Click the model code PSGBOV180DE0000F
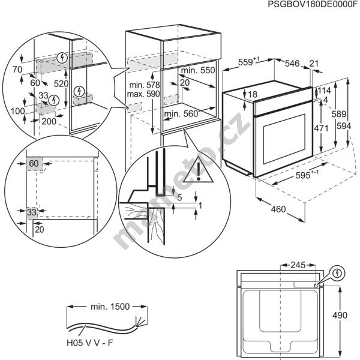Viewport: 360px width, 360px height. click(314, 4)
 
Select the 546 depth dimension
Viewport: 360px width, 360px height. click(292, 64)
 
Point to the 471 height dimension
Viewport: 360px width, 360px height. click(321, 128)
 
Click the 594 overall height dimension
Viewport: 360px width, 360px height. click(344, 126)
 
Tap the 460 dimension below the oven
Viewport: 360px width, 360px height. click(278, 209)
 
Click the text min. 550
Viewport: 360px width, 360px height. click(198, 70)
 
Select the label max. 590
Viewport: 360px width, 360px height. click(143, 94)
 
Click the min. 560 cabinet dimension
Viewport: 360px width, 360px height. click(181, 113)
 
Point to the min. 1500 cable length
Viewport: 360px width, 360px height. click(110, 307)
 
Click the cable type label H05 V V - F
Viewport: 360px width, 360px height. click(90, 343)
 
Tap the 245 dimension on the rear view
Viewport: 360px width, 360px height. click(298, 265)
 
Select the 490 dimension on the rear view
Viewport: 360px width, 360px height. click(340, 315)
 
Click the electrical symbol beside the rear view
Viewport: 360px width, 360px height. click(337, 273)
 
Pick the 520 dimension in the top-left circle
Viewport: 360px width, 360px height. click(61, 84)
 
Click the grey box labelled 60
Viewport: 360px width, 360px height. click(34, 164)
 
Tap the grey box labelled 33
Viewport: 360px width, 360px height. click(32, 212)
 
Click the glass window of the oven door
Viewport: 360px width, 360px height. click(284, 139)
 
